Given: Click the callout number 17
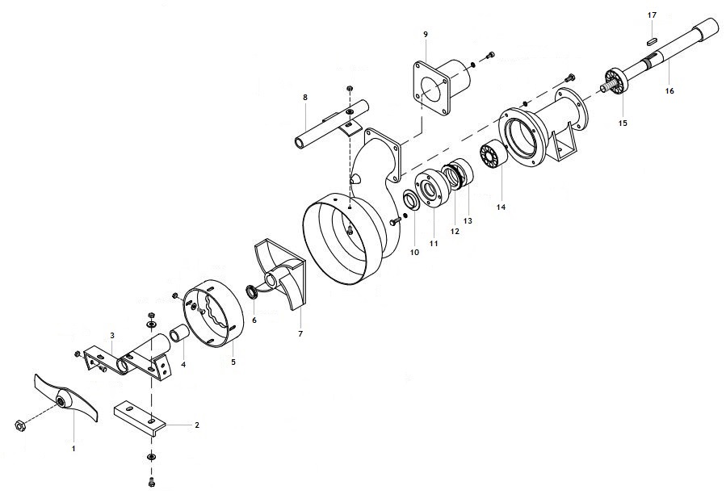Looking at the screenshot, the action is point(652,15).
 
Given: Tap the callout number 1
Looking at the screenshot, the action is point(73,448).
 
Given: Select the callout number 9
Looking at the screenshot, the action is point(426,34).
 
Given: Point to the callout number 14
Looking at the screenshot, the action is point(501,207).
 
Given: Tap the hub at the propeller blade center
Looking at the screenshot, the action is point(61,401).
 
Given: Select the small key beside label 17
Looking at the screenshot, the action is point(653,41).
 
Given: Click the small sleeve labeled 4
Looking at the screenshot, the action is point(180,334).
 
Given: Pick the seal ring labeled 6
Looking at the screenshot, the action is point(253,292).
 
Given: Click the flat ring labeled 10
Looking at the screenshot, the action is point(410,199).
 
